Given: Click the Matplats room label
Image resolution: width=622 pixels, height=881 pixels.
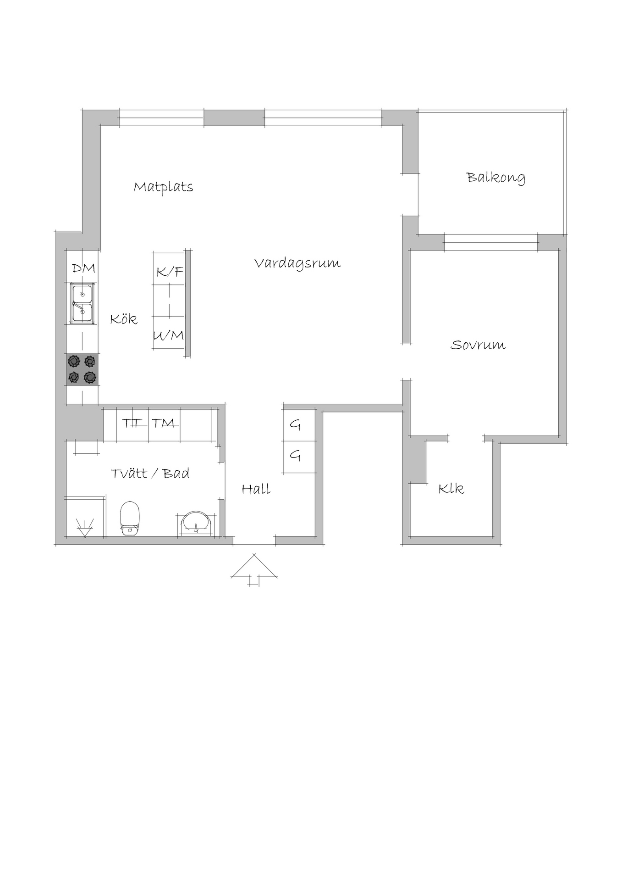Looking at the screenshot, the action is coord(163,187).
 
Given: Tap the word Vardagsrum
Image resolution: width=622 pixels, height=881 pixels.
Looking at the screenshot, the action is coord(297,263).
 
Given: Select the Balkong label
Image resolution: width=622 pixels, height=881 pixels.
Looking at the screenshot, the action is coord(495,178).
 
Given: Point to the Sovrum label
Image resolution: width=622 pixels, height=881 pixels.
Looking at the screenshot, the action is coord(478,345).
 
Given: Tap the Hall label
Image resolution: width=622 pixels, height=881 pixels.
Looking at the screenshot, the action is coord(256,489).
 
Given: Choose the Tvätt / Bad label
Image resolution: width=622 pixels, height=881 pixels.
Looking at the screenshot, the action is coord(150,473).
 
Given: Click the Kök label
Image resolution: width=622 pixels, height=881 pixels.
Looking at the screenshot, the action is coord(124,319).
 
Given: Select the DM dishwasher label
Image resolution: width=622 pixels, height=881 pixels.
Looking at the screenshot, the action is coord(83,268).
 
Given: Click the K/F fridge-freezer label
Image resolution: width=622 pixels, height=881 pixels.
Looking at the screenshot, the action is coord(170,272).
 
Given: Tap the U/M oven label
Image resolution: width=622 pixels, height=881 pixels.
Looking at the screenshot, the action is coord(168,335).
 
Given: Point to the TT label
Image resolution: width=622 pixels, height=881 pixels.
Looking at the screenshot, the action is coord(132,423).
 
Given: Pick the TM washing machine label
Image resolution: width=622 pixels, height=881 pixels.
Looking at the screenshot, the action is coord(163,423).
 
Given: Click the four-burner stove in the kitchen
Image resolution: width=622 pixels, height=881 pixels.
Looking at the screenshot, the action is coord(83,369).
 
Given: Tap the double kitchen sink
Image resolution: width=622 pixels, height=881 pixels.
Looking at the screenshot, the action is coord(83,303).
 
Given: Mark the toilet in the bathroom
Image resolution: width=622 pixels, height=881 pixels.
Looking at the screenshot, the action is coord(129,519).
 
